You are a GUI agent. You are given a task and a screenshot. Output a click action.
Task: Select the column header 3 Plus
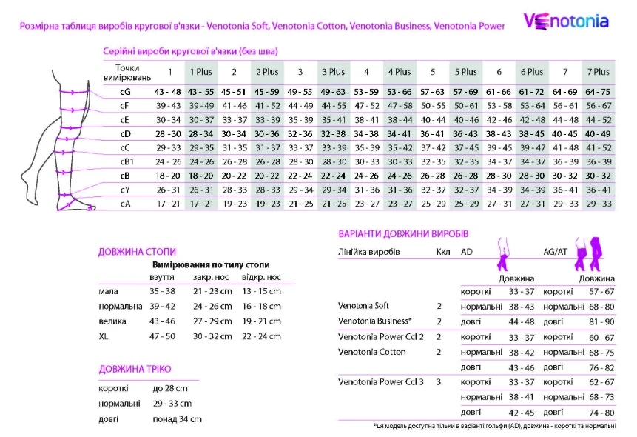point(333,72)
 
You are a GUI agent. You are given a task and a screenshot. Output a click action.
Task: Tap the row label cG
point(125,91)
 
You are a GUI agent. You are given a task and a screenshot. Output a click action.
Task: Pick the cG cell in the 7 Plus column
point(597,91)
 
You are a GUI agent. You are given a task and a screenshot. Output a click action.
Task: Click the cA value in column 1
point(168,203)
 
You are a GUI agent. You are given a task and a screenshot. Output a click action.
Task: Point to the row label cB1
point(127,161)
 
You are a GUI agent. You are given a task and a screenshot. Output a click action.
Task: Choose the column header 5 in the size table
point(432,72)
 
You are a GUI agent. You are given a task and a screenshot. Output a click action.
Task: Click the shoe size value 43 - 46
point(163,321)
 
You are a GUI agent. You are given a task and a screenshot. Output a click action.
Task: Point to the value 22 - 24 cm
point(261,336)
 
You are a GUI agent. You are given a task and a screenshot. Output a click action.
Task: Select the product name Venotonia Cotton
point(371,352)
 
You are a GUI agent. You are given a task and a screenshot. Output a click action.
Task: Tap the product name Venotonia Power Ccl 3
point(381,382)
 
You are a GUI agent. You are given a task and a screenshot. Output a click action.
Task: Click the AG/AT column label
point(556,252)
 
